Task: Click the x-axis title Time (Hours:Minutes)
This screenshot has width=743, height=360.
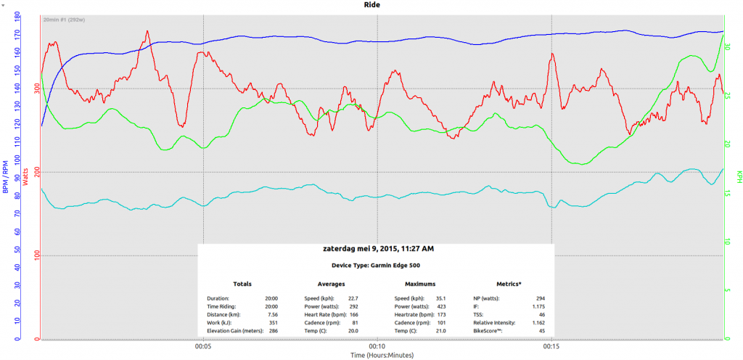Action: (x=377, y=356)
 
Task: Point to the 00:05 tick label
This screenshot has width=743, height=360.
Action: (x=203, y=346)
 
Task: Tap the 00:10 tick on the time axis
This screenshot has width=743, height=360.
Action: (x=377, y=346)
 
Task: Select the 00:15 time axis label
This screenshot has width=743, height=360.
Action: (x=551, y=346)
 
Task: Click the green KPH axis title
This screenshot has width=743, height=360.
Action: (x=739, y=176)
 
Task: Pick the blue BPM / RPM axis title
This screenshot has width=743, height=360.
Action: (x=6, y=176)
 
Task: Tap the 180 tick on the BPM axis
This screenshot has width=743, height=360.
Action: (x=16, y=15)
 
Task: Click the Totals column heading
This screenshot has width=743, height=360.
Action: (x=242, y=284)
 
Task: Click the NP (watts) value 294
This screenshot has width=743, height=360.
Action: (x=539, y=298)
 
